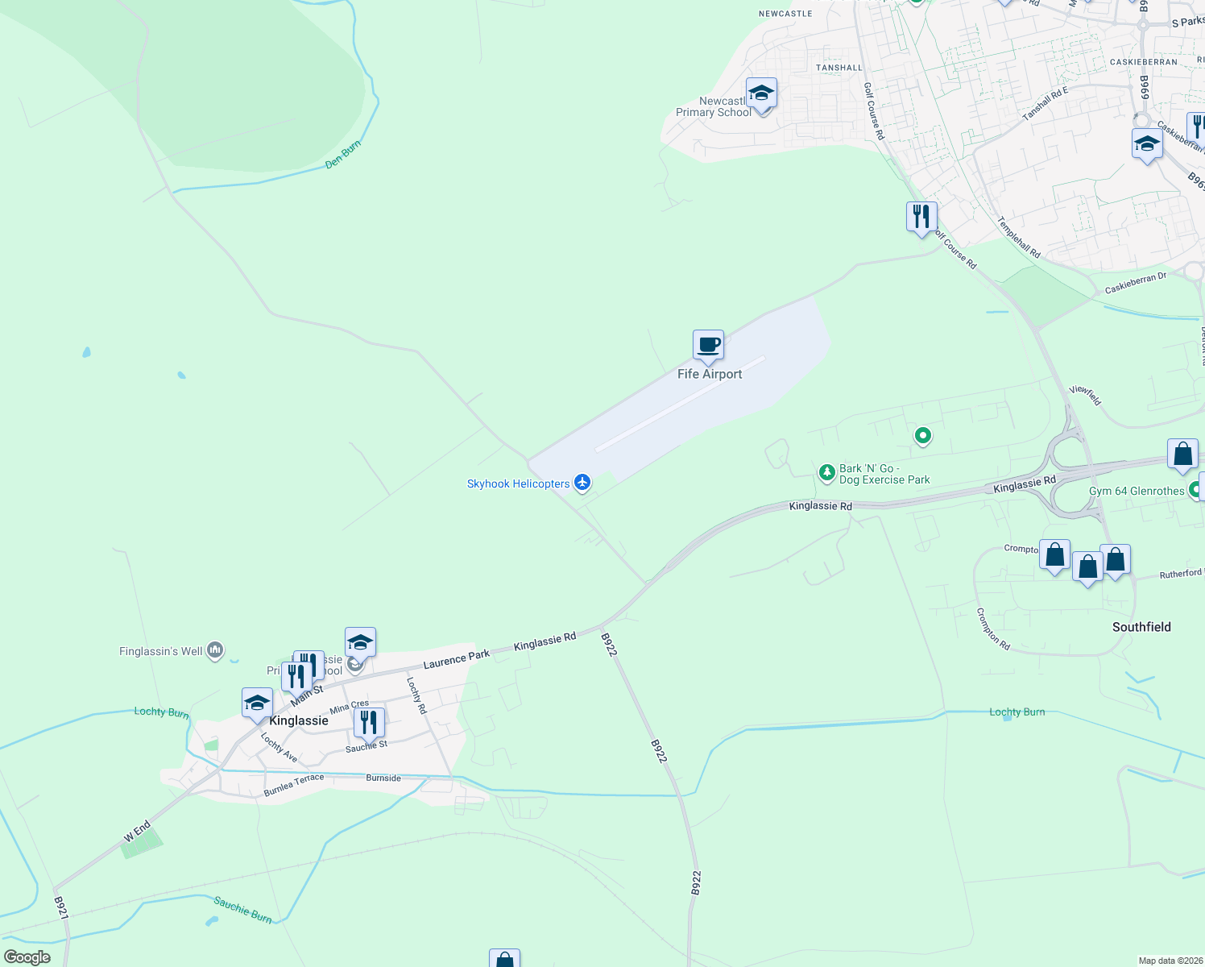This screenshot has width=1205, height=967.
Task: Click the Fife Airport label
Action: tap(710, 374)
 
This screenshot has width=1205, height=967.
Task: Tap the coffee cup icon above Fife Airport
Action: tap(709, 346)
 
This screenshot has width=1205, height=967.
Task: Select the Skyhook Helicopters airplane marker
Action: tap(582, 483)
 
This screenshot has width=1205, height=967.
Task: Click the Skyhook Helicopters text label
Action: tap(518, 483)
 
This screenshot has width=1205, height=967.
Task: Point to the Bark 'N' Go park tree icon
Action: tap(826, 472)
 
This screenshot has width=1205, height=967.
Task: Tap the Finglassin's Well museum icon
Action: tap(215, 650)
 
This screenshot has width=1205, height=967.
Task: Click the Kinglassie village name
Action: tap(299, 720)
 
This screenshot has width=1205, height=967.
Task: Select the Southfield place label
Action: tap(1141, 627)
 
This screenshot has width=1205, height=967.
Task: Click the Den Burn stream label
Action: tap(343, 155)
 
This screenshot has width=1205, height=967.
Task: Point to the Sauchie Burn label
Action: tap(242, 909)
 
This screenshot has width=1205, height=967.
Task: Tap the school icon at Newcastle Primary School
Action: tap(761, 94)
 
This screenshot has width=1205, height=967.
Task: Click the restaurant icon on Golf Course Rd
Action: tap(921, 217)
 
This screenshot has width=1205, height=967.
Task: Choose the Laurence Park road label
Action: tap(457, 659)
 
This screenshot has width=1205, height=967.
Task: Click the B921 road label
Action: tap(61, 908)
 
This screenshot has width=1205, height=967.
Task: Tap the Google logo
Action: tap(27, 957)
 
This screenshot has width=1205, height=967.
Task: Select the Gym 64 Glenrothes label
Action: tap(1137, 491)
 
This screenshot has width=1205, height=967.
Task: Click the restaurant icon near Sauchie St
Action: tap(369, 723)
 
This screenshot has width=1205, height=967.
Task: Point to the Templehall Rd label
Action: tap(1019, 237)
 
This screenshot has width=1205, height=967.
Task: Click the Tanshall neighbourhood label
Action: tap(839, 68)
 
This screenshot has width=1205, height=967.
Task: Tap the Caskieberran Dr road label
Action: tap(1136, 283)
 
